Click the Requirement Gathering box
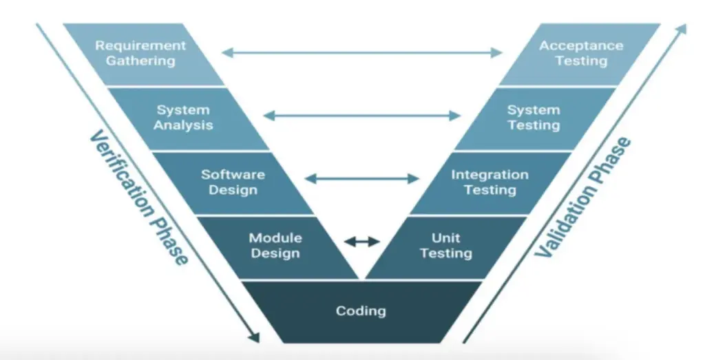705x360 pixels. (x=140, y=54)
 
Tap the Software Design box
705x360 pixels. (x=233, y=182)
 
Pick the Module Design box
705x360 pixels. (x=275, y=246)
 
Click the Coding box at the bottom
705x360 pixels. (x=361, y=311)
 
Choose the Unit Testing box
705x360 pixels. (x=445, y=246)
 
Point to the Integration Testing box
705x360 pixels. (x=490, y=182)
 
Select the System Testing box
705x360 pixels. (x=534, y=118)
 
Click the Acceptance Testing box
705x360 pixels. (x=580, y=54)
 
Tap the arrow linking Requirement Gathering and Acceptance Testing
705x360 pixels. (x=362, y=52)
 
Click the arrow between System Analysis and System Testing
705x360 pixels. (x=362, y=116)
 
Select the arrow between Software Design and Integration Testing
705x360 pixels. (x=362, y=179)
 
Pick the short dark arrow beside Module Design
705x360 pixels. (x=362, y=241)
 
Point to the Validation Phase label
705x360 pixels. (x=583, y=198)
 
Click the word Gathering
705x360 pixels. (x=140, y=61)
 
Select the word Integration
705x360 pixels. (x=490, y=175)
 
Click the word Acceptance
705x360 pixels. (x=581, y=46)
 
